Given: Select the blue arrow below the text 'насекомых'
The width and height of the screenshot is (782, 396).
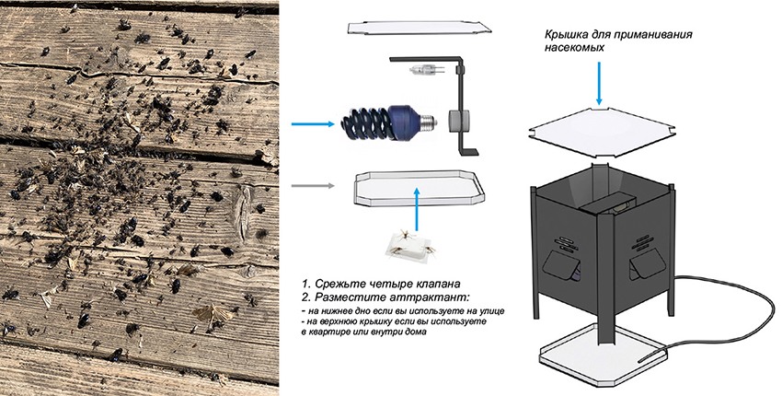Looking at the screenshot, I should click(x=599, y=82).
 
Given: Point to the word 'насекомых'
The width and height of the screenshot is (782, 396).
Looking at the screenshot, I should click(x=570, y=50).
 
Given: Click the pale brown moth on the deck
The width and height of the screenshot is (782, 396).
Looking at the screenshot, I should click(x=208, y=314).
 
